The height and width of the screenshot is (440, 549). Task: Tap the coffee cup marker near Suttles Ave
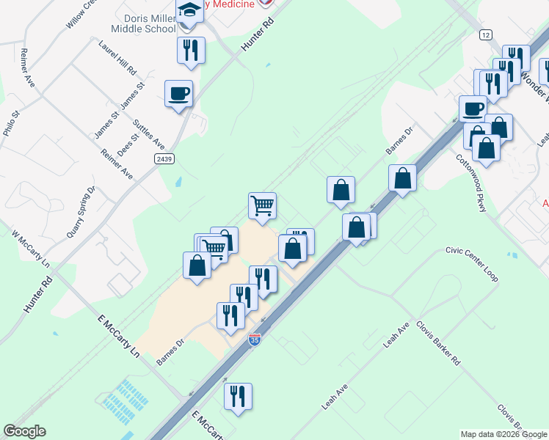point(179,95)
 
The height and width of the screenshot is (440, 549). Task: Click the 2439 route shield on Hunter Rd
point(164,158)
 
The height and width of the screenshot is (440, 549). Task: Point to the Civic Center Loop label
point(471,264)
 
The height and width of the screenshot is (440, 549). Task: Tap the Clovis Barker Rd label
point(437,343)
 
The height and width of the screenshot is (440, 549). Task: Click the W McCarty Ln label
point(30,251)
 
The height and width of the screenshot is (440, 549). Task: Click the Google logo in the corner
point(24,431)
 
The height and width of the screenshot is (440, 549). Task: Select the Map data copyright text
point(503,434)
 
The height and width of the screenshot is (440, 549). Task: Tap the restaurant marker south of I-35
point(238,397)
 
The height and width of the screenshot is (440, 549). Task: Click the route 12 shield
point(486,34)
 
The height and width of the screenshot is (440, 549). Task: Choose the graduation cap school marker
point(189,12)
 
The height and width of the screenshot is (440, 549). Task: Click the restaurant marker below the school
point(191,51)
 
